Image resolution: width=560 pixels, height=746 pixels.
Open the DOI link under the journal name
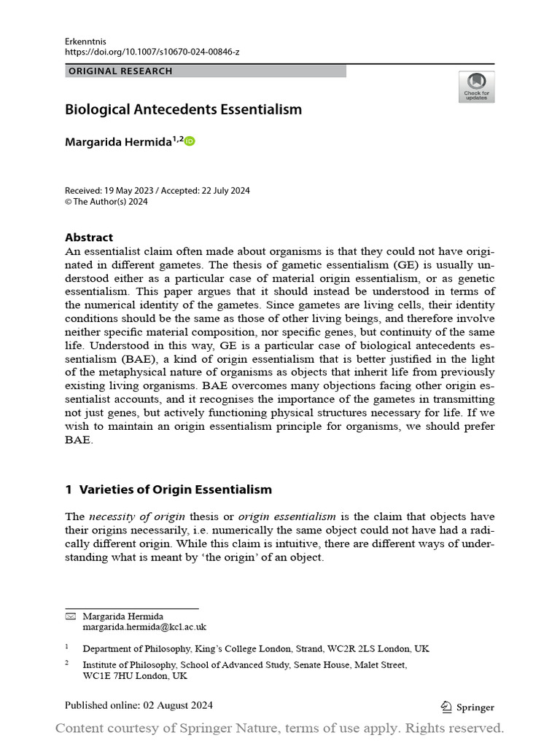[x=152, y=53]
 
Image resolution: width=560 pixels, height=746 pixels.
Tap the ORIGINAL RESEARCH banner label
[x=120, y=71]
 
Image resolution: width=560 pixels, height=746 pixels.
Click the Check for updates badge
[x=476, y=87]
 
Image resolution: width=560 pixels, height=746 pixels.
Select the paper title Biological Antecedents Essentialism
[x=183, y=110]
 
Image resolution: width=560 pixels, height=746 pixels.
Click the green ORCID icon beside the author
[x=190, y=141]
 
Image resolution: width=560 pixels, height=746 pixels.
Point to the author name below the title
[x=119, y=142]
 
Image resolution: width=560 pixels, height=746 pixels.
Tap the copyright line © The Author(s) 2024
[x=106, y=202]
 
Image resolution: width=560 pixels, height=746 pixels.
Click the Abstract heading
[x=89, y=237]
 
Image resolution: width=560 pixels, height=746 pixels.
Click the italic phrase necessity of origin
[x=137, y=517]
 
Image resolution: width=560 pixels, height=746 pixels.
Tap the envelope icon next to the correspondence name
[x=70, y=616]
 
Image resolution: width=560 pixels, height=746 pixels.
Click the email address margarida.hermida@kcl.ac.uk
[x=144, y=627]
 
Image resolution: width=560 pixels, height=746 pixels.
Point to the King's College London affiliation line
[x=255, y=648]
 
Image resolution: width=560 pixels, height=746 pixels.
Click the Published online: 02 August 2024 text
[x=139, y=705]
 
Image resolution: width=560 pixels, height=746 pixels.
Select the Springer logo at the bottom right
[x=468, y=707]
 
